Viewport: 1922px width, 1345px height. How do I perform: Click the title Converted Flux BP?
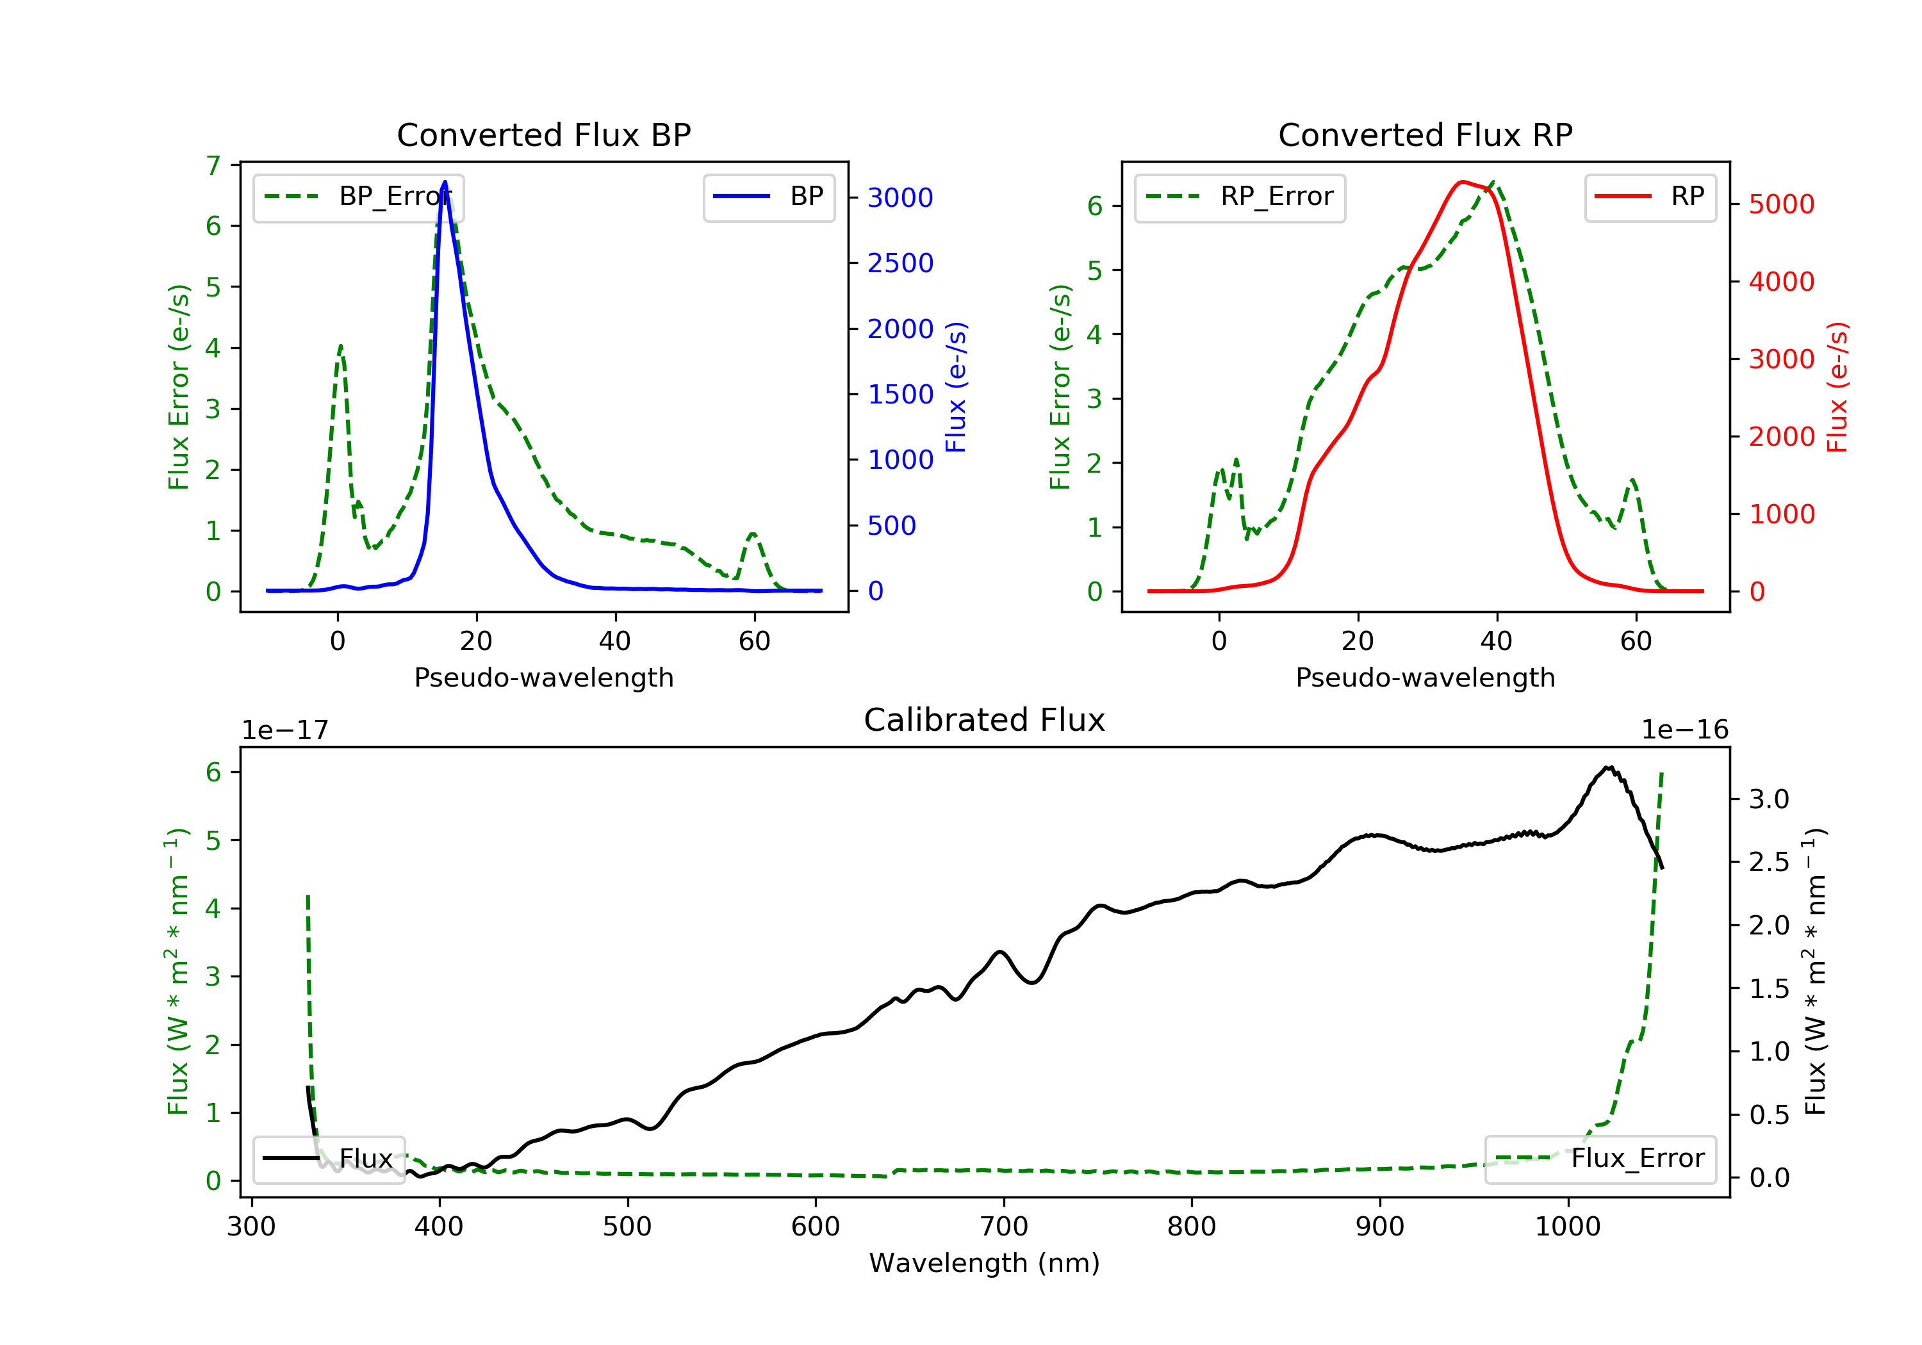544,134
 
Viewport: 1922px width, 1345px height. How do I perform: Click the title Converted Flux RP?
1425,134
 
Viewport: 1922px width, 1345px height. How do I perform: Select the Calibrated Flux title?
985,720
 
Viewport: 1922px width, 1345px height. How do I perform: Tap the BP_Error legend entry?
358,197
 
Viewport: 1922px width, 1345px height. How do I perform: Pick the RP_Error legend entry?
1240,197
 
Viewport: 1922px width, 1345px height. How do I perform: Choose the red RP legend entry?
1650,197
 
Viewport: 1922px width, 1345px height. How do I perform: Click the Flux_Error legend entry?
1600,1159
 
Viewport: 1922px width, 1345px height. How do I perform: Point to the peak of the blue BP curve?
445,182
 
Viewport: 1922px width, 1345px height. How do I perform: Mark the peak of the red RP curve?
1461,182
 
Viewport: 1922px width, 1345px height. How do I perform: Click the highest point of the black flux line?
1607,767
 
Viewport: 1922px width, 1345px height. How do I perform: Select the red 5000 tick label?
1781,204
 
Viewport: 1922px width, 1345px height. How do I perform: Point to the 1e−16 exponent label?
1684,730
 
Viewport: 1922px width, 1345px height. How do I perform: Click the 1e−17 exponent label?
286,730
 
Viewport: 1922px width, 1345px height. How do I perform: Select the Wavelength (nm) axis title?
985,1263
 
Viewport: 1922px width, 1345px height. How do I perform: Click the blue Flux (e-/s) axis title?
956,387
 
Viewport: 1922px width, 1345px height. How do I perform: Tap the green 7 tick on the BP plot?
213,166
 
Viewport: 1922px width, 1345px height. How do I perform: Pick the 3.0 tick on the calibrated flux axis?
1769,799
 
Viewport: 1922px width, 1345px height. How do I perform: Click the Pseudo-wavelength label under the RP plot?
1425,677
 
